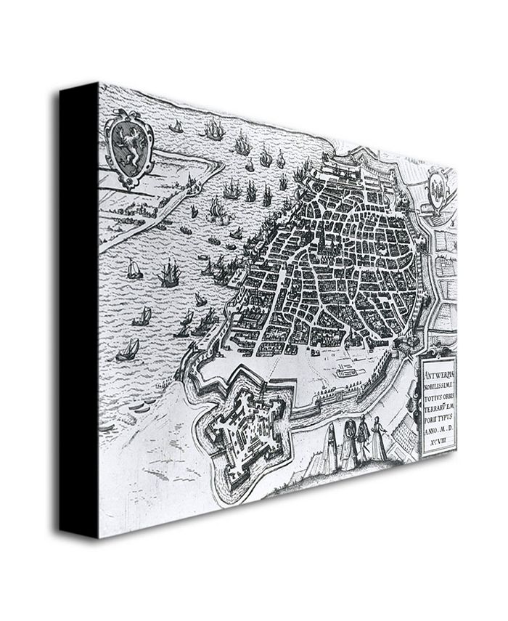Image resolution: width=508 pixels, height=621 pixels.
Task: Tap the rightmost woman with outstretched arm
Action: point(378,440)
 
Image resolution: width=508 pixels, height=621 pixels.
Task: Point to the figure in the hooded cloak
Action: point(348,443)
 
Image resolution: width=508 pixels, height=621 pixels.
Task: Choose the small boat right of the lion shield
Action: point(175,126)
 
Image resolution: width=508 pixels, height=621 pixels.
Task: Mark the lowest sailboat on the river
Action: point(128,351)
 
